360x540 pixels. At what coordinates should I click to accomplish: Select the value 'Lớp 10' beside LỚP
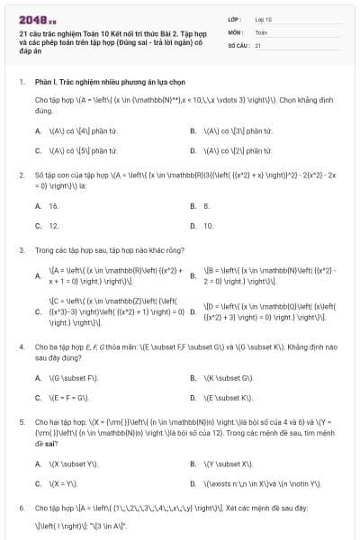[x=264, y=18]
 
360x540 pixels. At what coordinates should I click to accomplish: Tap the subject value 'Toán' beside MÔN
[x=261, y=31]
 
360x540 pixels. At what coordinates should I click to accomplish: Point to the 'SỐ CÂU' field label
[x=236, y=44]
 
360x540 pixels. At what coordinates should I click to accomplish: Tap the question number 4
[x=21, y=346]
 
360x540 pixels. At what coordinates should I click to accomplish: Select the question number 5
[x=21, y=420]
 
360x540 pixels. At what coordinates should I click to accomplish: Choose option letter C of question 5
[x=38, y=483]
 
